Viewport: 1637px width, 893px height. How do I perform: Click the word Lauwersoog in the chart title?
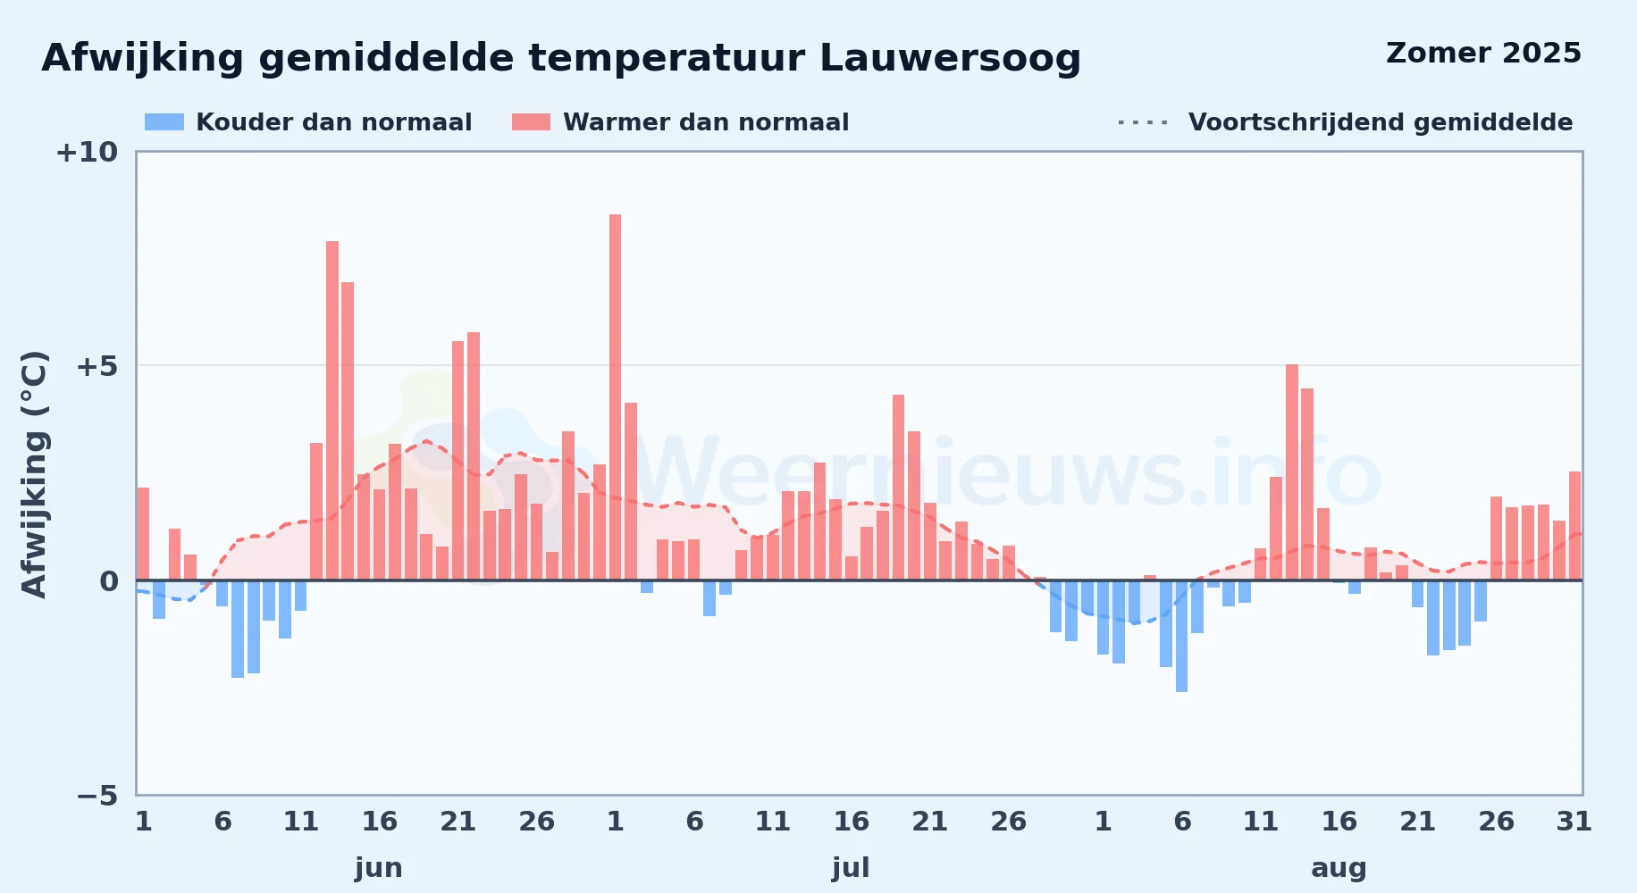(950, 59)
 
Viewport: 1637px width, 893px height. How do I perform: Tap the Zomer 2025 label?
(1483, 54)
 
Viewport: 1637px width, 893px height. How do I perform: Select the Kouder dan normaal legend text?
(333, 122)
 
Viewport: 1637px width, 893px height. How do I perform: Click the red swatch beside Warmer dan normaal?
(531, 122)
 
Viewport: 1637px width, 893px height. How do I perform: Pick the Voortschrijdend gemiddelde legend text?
(1381, 122)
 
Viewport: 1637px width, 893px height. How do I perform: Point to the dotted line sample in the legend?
(1143, 122)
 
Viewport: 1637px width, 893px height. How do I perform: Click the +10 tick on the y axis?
(87, 153)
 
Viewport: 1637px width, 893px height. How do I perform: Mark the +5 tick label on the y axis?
(97, 366)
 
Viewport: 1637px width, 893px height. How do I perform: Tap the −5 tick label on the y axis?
(97, 796)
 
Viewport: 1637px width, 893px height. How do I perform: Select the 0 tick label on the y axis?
(109, 581)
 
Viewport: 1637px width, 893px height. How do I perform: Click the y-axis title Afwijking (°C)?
(34, 474)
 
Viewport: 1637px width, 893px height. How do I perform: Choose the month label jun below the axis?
(379, 868)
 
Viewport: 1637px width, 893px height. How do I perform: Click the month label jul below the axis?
(851, 868)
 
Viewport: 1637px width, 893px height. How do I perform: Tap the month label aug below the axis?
(1339, 868)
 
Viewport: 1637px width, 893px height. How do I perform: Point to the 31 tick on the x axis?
(1574, 822)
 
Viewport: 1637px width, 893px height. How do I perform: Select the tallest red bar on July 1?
(616, 397)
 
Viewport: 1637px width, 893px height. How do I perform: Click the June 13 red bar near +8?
(332, 411)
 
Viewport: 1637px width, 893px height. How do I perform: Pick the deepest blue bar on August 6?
(1182, 636)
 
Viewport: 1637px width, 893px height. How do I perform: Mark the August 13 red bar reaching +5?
(1292, 472)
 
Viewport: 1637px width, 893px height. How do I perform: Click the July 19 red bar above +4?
(899, 488)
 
